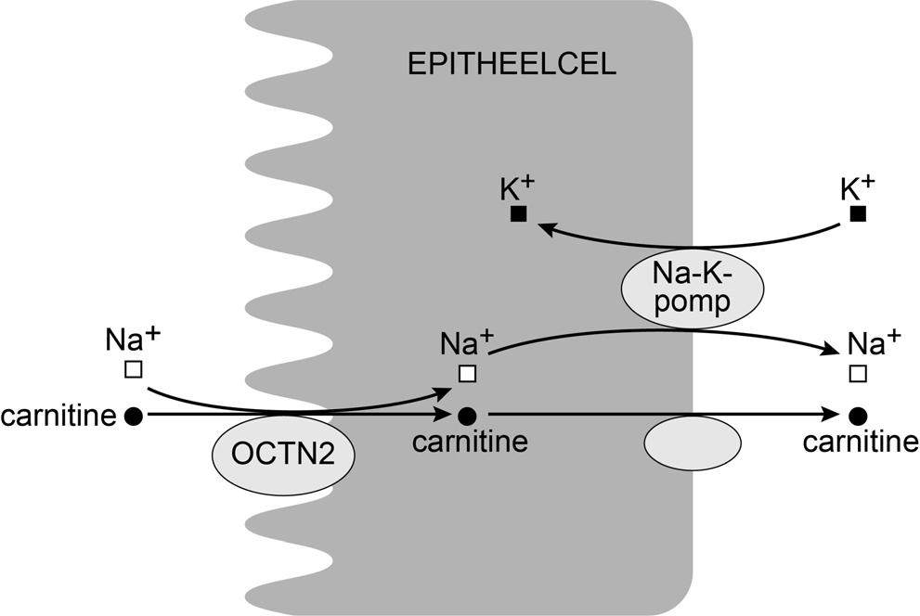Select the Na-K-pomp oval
click(692, 289)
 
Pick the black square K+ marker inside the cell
click(519, 214)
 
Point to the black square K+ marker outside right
click(858, 214)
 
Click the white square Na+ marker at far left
click(133, 370)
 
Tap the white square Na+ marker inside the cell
click(468, 373)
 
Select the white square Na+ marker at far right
click(858, 373)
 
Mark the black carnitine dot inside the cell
click(468, 416)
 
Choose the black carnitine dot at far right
click(858, 416)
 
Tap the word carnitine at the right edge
click(861, 443)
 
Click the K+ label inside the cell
click(517, 188)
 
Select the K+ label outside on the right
click(857, 188)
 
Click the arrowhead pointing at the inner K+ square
click(548, 226)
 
